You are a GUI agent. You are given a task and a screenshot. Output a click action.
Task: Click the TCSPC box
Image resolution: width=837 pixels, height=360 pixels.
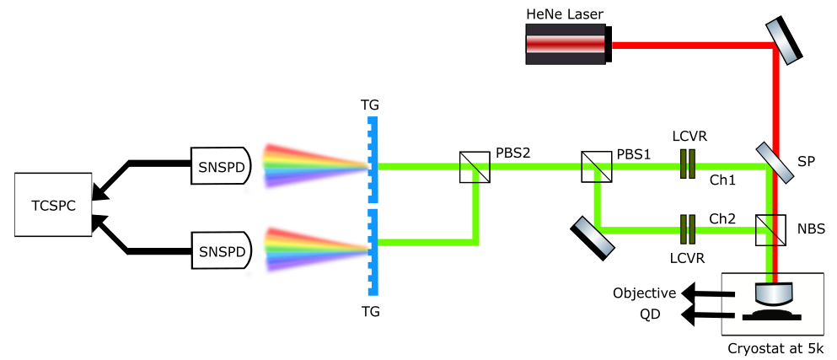(x=53, y=205)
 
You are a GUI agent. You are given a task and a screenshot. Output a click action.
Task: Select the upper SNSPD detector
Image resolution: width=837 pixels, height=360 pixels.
(x=220, y=166)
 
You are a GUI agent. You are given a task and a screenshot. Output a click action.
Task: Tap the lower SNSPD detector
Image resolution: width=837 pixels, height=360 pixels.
(x=221, y=250)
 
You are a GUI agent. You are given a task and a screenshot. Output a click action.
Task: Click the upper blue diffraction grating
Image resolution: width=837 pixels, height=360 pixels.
(x=373, y=160)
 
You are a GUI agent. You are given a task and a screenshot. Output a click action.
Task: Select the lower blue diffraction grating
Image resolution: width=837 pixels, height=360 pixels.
(x=373, y=253)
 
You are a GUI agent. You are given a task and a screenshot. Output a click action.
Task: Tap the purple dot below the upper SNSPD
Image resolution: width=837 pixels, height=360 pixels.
(x=247, y=191)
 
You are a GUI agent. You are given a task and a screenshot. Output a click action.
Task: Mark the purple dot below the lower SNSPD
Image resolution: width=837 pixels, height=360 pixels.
(x=249, y=274)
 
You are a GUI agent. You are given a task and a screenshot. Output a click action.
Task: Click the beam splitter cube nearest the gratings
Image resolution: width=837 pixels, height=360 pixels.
(x=475, y=167)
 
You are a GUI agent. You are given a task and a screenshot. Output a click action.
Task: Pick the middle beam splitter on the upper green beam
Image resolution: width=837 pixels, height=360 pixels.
(x=597, y=167)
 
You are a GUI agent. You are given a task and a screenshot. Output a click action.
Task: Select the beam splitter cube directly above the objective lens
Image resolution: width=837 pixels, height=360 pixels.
(x=770, y=229)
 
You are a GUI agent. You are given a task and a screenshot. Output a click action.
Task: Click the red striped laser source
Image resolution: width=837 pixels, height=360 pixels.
(x=566, y=44)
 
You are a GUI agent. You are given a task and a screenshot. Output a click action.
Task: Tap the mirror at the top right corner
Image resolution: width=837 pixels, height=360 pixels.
(x=782, y=42)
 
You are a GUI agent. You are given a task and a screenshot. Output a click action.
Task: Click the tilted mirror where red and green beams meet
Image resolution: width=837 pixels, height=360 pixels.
(x=775, y=163)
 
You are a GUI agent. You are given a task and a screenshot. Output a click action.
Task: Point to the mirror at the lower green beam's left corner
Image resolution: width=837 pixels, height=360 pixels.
(x=594, y=236)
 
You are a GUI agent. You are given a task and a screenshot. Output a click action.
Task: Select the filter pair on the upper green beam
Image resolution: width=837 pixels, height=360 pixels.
(x=688, y=164)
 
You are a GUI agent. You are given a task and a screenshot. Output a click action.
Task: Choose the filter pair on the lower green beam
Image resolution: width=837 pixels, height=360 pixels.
(x=688, y=229)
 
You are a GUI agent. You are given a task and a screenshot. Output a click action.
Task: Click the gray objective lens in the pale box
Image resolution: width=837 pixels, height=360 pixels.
(x=774, y=293)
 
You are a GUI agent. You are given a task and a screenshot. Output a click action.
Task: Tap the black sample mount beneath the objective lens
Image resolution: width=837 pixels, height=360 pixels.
(x=771, y=315)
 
